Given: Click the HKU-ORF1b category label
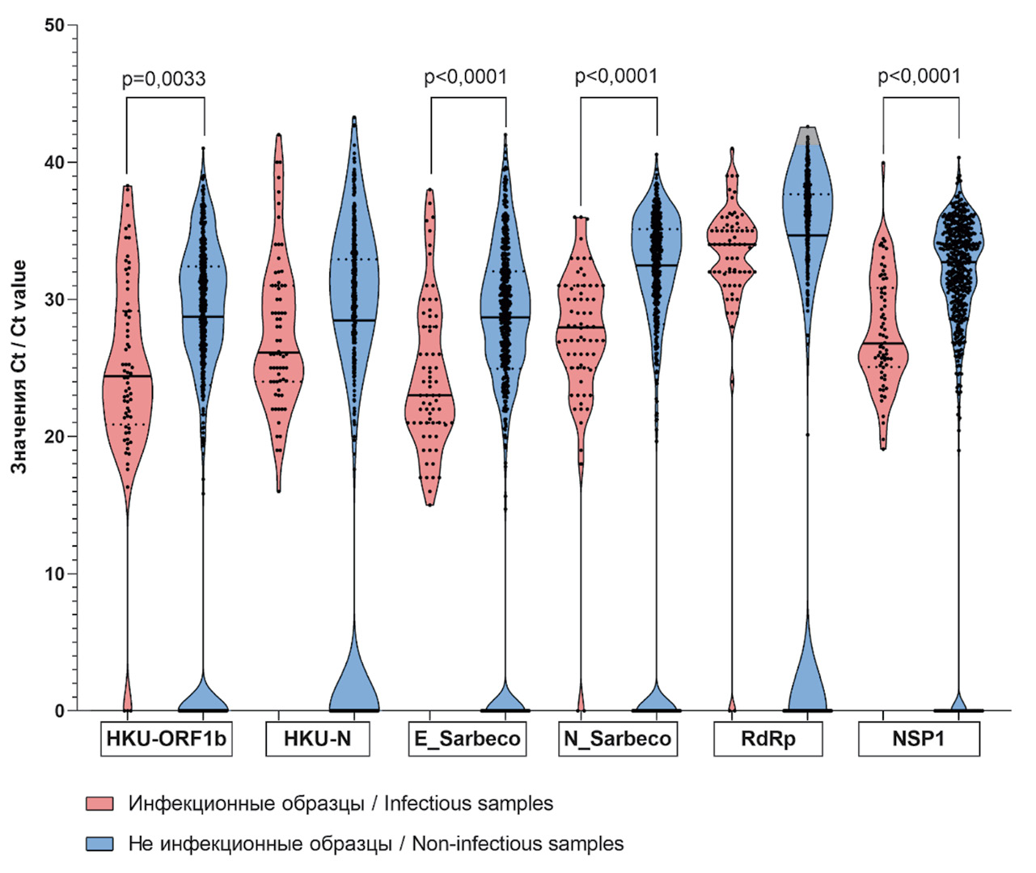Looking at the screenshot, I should click(x=166, y=739).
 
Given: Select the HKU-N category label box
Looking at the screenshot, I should click(x=317, y=739).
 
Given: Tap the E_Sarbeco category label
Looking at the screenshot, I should click(x=467, y=739).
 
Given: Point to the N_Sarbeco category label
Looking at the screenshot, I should click(x=617, y=739).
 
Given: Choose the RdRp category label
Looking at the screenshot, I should click(x=767, y=739).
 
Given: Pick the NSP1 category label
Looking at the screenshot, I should click(x=919, y=739).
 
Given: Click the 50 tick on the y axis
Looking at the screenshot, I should click(x=54, y=25).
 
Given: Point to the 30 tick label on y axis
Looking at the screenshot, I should click(x=54, y=299).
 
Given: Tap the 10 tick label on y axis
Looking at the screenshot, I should click(x=54, y=574).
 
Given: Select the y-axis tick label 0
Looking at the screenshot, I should click(x=59, y=711).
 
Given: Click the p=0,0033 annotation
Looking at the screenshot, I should click(x=163, y=79).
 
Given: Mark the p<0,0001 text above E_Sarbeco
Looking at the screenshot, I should click(x=466, y=78).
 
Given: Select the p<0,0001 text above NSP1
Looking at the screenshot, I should click(x=920, y=77).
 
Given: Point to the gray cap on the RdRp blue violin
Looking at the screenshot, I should click(x=807, y=135).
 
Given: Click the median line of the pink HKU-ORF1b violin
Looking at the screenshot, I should click(x=127, y=376).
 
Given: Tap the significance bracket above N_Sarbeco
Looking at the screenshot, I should click(x=619, y=98).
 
